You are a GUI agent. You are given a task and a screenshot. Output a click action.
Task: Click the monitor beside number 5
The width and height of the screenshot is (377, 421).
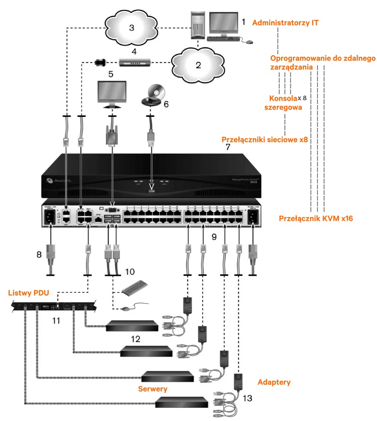[x=111, y=92]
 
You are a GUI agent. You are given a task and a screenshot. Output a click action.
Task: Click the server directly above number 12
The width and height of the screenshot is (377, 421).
[x=131, y=326]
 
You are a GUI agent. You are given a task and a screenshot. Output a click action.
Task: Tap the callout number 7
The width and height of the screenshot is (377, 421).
[x=228, y=147]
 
